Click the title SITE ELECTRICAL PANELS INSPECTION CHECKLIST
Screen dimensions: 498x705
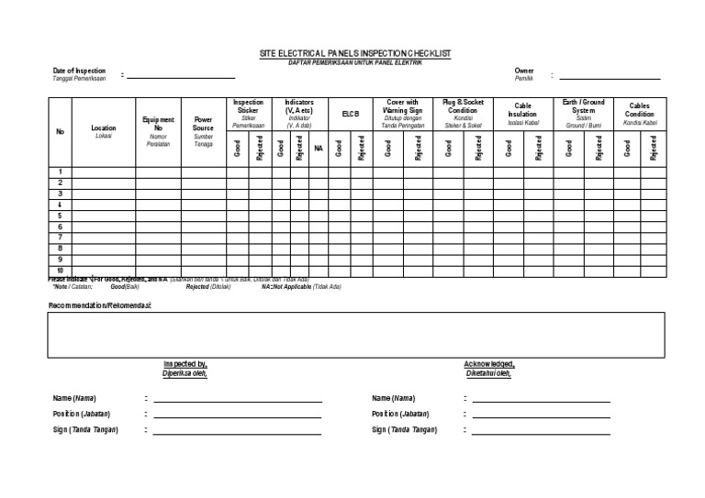[356, 55]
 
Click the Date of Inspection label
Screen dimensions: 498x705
[79, 71]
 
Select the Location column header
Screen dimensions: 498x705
[104, 128]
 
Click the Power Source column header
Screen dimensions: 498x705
[203, 123]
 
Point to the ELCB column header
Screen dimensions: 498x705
[350, 114]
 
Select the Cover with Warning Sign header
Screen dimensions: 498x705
[402, 106]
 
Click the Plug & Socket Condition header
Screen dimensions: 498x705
[463, 106]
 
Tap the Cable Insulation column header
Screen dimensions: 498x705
[522, 110]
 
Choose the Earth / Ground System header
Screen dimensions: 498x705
[583, 106]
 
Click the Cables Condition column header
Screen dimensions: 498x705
[639, 110]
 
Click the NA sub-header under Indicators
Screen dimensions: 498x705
[319, 148]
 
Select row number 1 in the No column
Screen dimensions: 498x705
[61, 172]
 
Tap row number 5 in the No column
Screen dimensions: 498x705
[61, 216]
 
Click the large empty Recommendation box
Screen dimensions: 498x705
[356, 334]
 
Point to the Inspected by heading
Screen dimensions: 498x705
[185, 364]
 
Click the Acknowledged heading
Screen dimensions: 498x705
[489, 364]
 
